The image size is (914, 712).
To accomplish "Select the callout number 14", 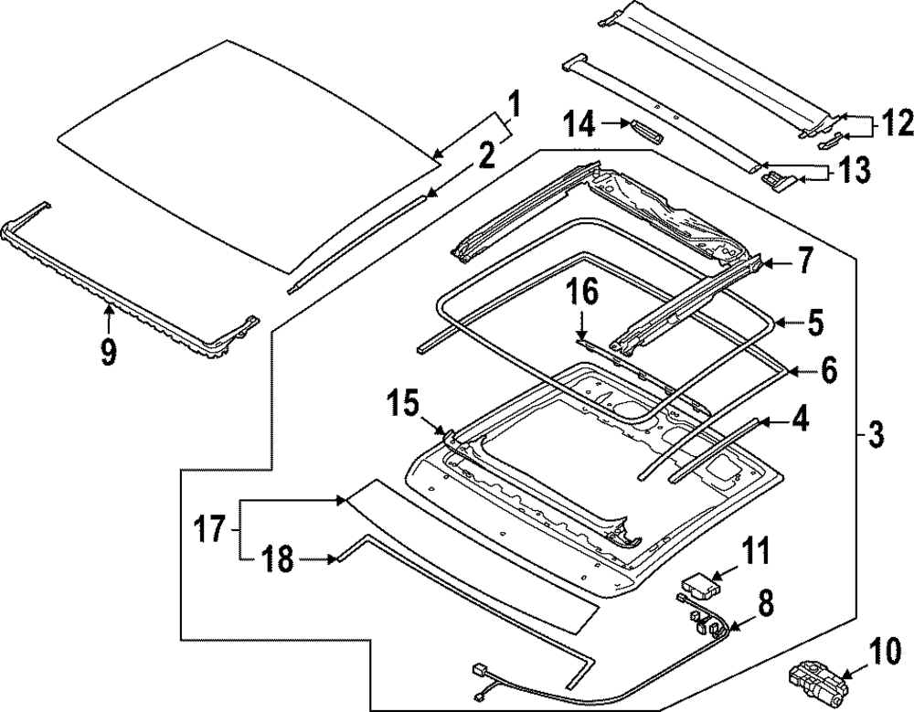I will point(578,124).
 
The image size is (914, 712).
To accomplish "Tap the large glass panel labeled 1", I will point(247,155).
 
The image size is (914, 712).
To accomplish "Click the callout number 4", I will point(800,422).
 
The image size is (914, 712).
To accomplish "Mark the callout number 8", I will point(764,602).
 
